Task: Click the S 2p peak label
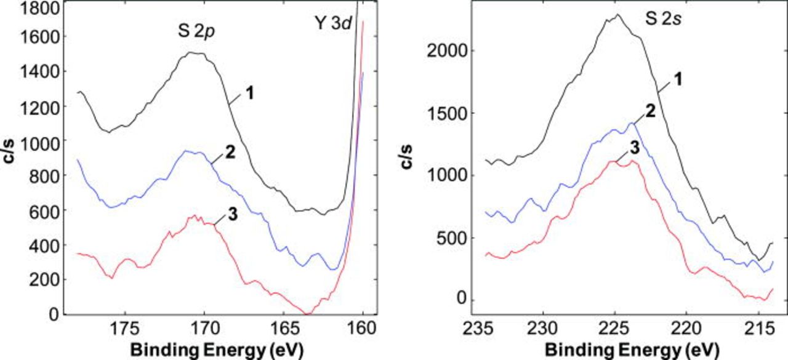195,27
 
